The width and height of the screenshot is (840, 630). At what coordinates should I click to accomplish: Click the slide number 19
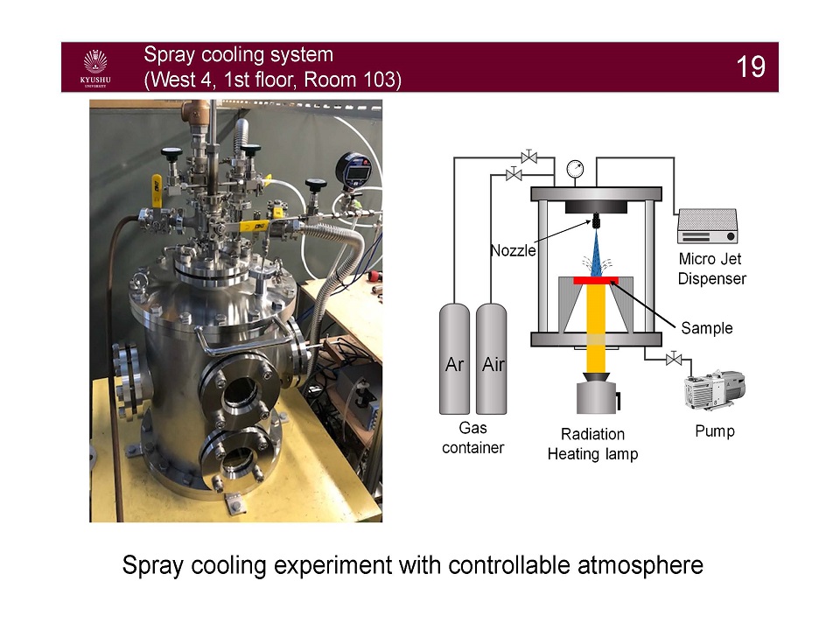pos(751,67)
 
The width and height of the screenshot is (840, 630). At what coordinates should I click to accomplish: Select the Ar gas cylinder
pos(454,358)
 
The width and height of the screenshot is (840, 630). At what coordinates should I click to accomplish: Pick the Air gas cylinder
pos(493,358)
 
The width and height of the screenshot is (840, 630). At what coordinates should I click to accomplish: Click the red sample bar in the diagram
pos(595,280)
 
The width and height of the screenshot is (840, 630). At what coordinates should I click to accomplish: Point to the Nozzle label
pos(513,251)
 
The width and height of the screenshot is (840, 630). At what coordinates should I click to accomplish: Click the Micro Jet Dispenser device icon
pos(707,227)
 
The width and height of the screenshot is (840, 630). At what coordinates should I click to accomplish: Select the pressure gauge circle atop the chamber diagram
pos(575,168)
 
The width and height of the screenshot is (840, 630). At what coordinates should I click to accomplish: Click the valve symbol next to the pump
pos(673,359)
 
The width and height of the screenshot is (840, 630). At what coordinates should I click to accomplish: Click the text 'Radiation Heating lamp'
pos(592,444)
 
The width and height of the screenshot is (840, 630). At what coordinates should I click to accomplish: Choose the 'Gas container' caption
pos(472,438)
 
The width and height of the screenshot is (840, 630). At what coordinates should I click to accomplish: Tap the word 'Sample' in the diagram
pos(707,328)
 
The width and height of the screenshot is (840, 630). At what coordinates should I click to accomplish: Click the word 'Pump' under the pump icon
pos(714,430)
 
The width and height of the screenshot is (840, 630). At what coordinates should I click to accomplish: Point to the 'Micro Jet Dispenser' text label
pos(712,269)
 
